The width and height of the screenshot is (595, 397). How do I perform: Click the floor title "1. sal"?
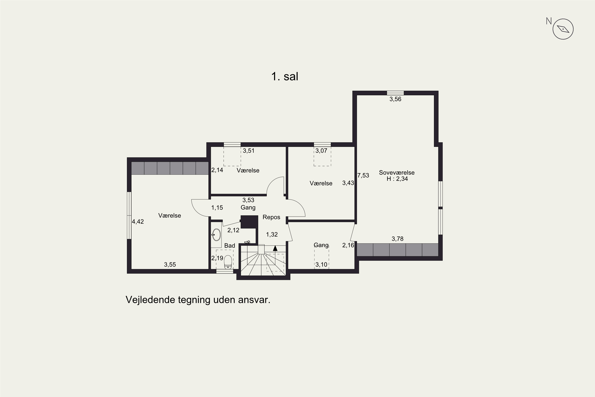pyautogui.click(x=285, y=76)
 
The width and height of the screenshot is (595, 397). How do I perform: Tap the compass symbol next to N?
pyautogui.click(x=563, y=29)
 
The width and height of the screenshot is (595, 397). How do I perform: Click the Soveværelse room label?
pyautogui.click(x=397, y=173)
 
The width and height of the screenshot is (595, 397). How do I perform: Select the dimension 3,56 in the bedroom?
pyautogui.click(x=395, y=99)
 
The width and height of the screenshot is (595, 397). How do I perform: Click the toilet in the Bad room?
pyautogui.click(x=228, y=262)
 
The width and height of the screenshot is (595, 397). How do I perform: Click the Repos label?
pyautogui.click(x=272, y=217)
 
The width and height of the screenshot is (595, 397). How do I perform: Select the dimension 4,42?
pyautogui.click(x=138, y=222)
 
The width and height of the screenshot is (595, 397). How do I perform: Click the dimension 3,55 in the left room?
pyautogui.click(x=170, y=265)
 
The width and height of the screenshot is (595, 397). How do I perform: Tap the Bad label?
pyautogui.click(x=230, y=246)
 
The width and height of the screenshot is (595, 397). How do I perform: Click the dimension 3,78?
pyautogui.click(x=397, y=239)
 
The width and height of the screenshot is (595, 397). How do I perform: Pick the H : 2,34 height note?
pyautogui.click(x=397, y=179)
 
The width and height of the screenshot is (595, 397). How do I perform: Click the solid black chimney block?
pyautogui.click(x=249, y=222)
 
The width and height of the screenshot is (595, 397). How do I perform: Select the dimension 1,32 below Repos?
pyautogui.click(x=272, y=234)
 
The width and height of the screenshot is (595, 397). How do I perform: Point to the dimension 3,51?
pyautogui.click(x=249, y=151)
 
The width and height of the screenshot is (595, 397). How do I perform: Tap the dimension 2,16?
pyautogui.click(x=348, y=245)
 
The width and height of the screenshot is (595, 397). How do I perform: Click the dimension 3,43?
pyautogui.click(x=348, y=183)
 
